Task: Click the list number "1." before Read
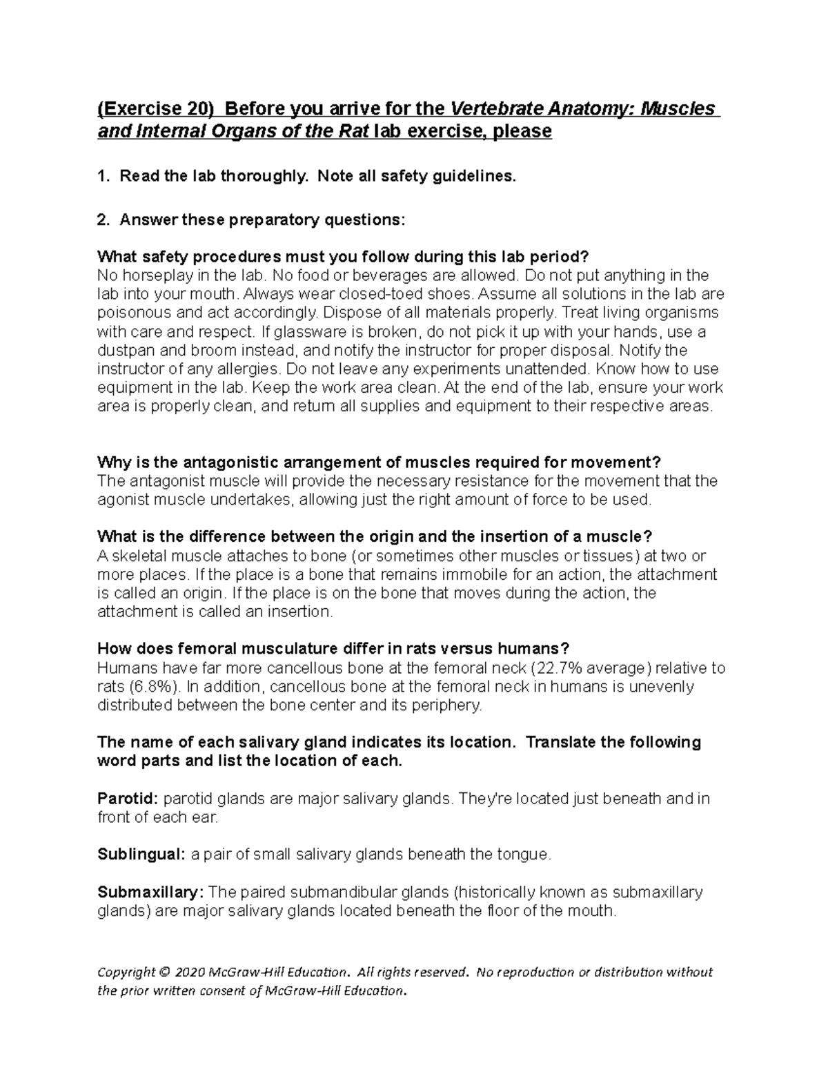(103, 177)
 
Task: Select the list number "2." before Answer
(103, 220)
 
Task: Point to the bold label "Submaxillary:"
(151, 893)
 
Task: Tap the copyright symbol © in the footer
(164, 973)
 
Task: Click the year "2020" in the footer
(190, 973)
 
